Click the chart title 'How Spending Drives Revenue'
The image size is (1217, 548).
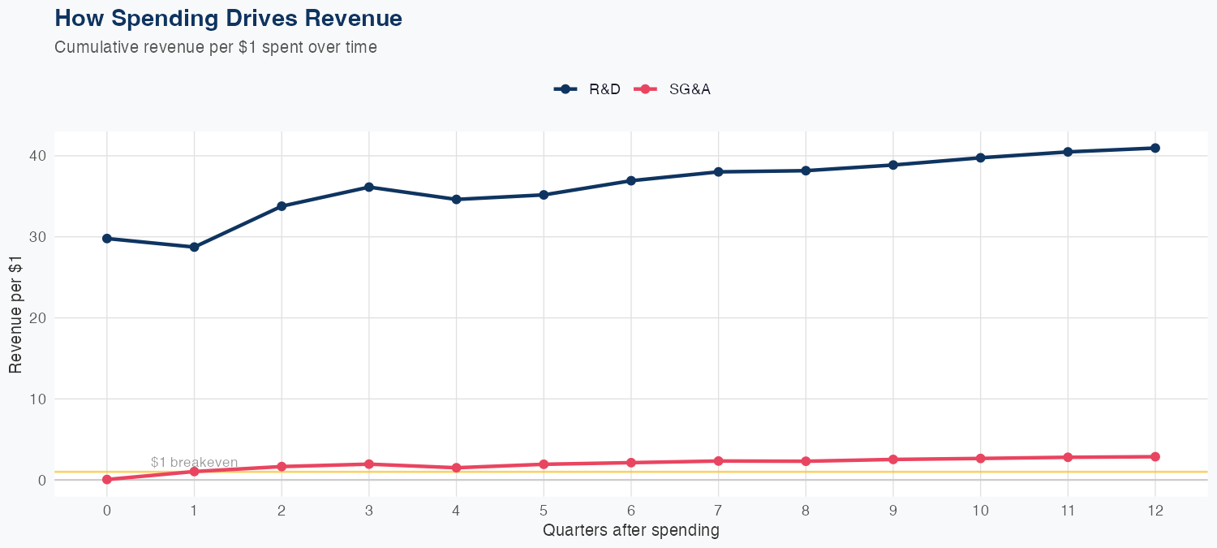coord(228,18)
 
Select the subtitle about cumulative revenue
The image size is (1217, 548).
coord(216,47)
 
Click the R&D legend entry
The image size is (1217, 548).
coord(588,89)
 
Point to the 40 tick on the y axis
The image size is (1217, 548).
coord(40,156)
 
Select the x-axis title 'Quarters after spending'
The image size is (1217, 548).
coord(630,531)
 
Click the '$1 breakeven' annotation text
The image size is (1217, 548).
coord(194,463)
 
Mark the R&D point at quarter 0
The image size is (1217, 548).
coord(107,239)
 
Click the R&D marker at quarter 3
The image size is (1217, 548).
coord(369,187)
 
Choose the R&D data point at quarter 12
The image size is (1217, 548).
coord(1155,148)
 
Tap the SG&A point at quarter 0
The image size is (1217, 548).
coord(107,480)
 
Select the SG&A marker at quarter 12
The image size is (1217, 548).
coord(1155,457)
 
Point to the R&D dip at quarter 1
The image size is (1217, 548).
coord(194,247)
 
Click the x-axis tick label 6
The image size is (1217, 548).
coord(630,511)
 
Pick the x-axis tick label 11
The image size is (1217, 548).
coord(1068,511)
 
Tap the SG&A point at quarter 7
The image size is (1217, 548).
coord(718,461)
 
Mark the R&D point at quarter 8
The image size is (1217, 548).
coord(806,170)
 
